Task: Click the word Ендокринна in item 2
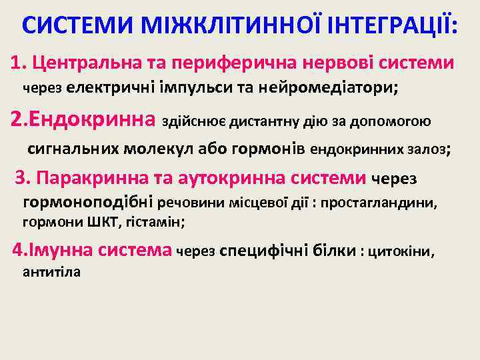[x=93, y=121]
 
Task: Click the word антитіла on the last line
[x=51, y=271]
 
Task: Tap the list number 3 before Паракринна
[x=21, y=177]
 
